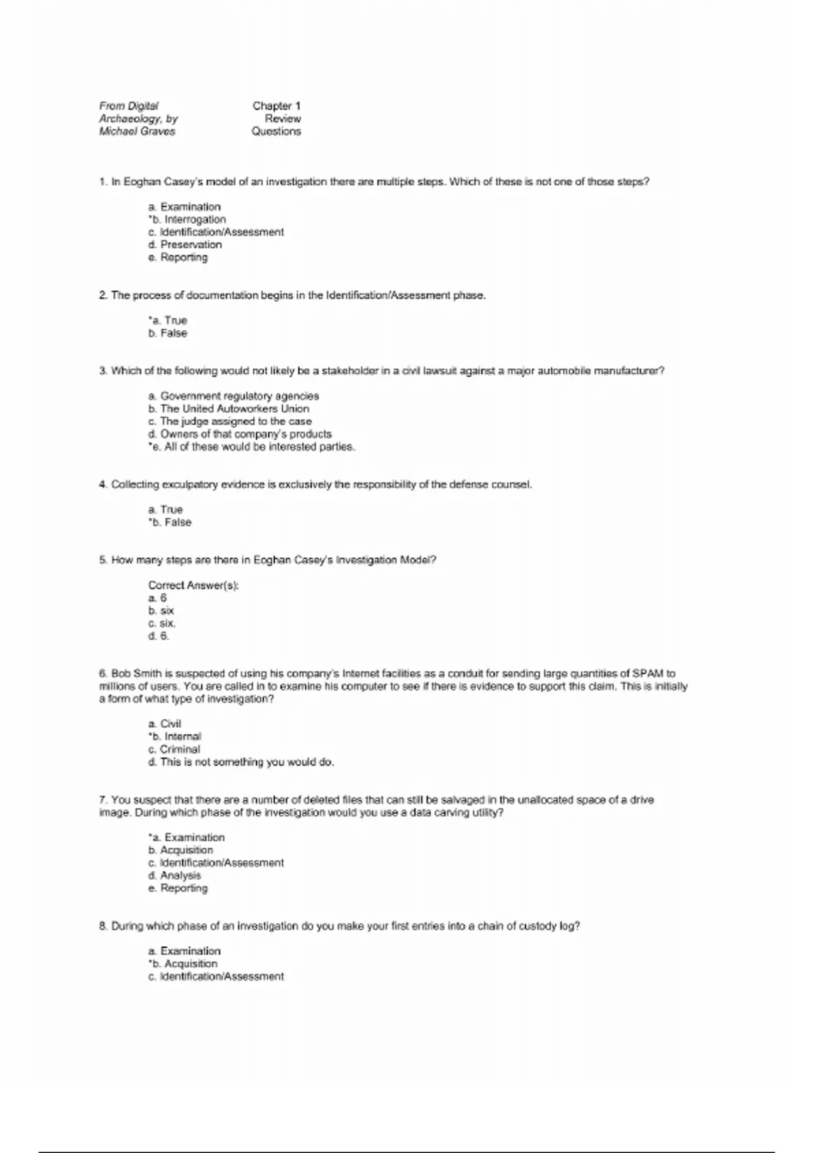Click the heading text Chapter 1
276,106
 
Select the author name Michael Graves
137,132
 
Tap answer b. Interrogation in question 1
187,220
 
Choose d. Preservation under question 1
185,245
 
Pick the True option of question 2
168,321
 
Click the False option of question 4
170,523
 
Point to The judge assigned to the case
230,422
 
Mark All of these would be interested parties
252,447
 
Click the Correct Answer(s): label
193,585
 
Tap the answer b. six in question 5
161,611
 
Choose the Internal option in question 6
175,737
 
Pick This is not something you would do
241,762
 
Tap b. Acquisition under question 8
183,964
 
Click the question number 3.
103,371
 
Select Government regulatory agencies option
233,396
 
